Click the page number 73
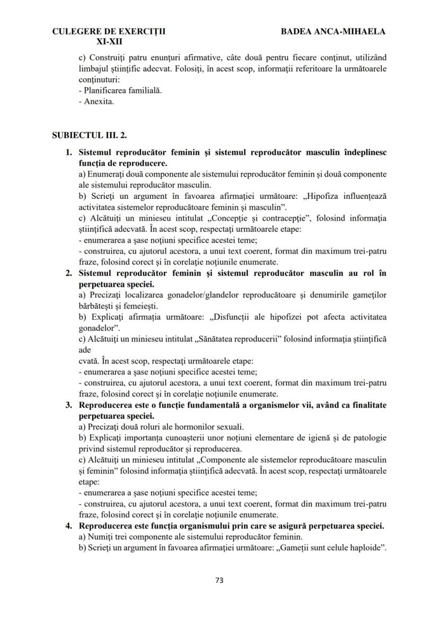[x=219, y=580]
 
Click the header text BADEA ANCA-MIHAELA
[x=333, y=31]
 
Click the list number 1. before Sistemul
[x=68, y=152]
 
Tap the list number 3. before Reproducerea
[x=68, y=405]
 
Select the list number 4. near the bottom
[x=68, y=526]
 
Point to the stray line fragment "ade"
[x=84, y=349]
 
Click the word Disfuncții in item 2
[x=235, y=317]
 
